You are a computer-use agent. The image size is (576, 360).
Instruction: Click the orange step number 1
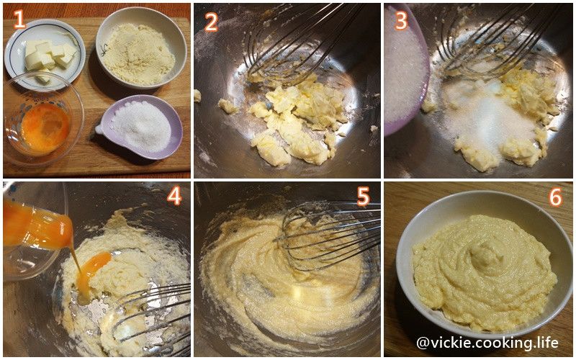(x=19, y=19)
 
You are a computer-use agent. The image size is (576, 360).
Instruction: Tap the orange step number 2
(x=211, y=22)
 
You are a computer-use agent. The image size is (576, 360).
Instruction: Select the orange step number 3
(x=401, y=21)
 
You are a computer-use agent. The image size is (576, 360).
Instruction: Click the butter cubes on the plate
(x=50, y=57)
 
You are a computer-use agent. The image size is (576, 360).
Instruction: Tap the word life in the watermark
(x=547, y=342)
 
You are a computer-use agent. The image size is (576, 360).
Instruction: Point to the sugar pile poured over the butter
(x=489, y=117)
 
